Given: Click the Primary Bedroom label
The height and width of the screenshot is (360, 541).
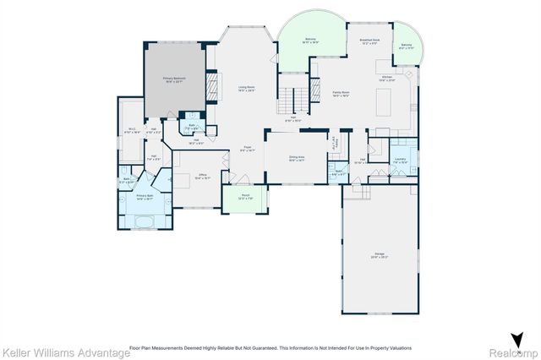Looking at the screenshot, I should pyautogui.click(x=174, y=79).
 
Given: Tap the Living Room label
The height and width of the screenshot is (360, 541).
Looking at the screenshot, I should pyautogui.click(x=245, y=88).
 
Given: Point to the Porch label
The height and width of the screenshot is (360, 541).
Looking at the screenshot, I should pyautogui.click(x=244, y=198).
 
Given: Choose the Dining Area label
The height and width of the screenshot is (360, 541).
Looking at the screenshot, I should pyautogui.click(x=297, y=158).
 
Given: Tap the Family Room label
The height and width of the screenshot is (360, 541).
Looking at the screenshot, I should pyautogui.click(x=342, y=95).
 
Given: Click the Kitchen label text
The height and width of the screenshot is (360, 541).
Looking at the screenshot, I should pyautogui.click(x=387, y=78).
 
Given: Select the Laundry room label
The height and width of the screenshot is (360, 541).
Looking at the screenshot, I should pyautogui.click(x=401, y=161).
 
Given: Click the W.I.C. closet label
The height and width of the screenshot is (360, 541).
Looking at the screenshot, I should pyautogui.click(x=132, y=130).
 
